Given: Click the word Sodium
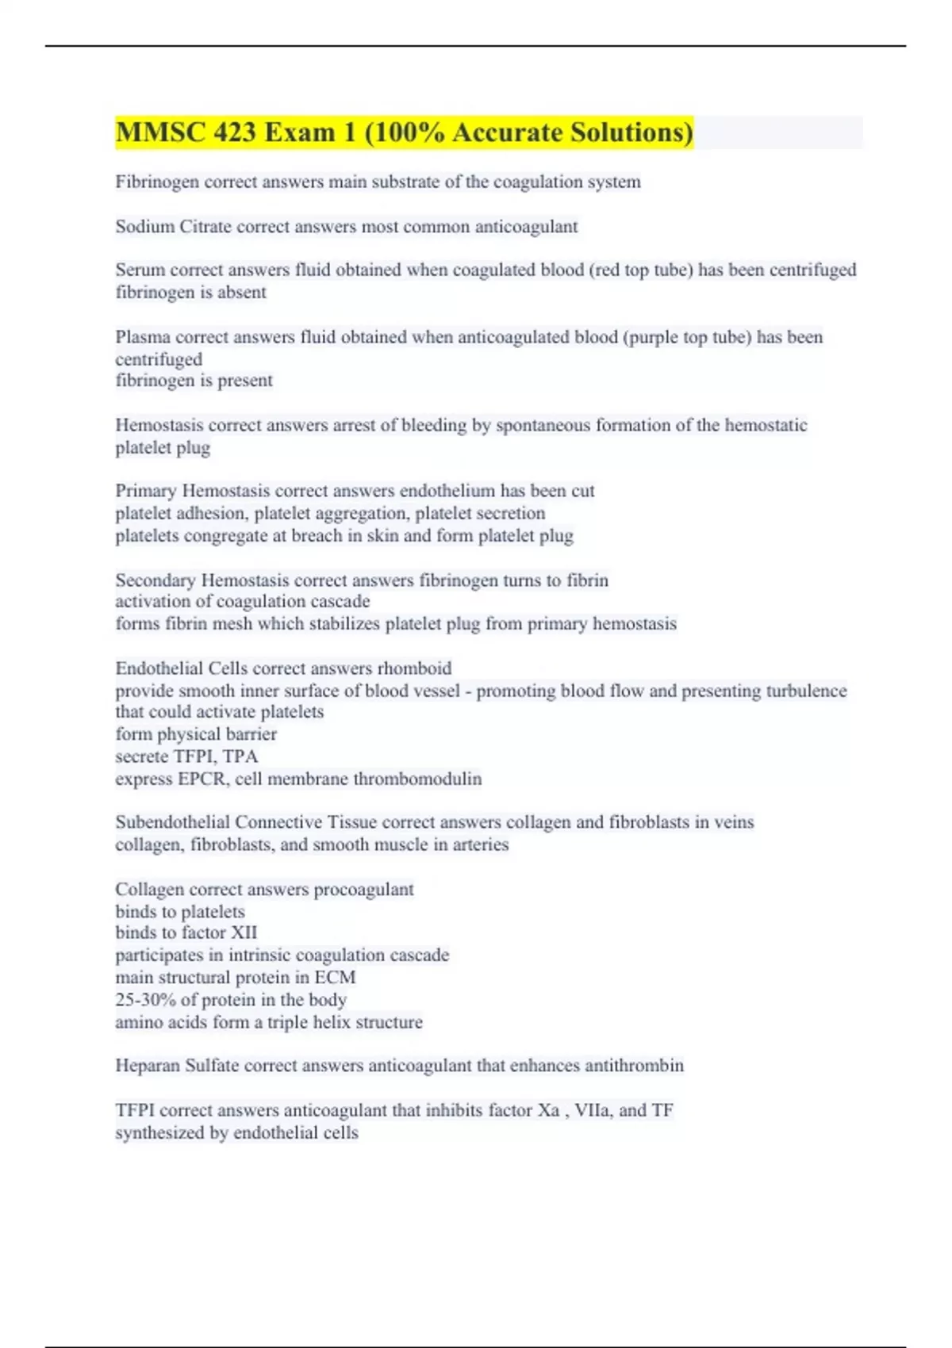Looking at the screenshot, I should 144,227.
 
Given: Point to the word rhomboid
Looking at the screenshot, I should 414,668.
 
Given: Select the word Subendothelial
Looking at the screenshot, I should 172,822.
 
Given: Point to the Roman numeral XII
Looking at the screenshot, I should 244,933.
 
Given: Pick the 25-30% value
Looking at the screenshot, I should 145,1000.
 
